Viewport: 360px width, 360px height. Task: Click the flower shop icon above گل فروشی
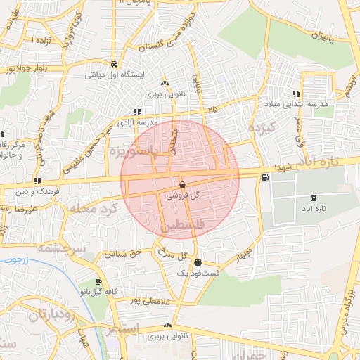[x=182, y=185]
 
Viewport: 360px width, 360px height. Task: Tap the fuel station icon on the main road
[x=264, y=177]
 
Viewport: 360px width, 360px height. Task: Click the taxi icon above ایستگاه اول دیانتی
[x=115, y=64]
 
